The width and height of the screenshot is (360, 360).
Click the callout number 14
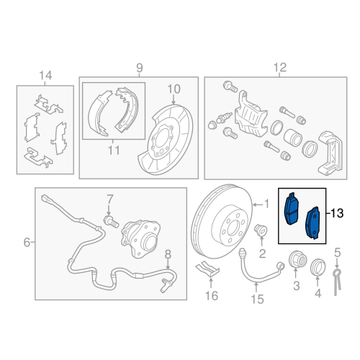pyautogui.click(x=45, y=74)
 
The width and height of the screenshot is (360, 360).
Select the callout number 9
pyautogui.click(x=140, y=68)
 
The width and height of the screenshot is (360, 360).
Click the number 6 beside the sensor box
pyautogui.click(x=27, y=243)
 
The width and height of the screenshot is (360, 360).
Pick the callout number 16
pyautogui.click(x=211, y=295)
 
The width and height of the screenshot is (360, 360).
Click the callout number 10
pyautogui.click(x=174, y=89)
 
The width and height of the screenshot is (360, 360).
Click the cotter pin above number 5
pyautogui.click(x=336, y=278)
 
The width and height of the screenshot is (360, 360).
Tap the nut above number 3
pyautogui.click(x=296, y=261)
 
